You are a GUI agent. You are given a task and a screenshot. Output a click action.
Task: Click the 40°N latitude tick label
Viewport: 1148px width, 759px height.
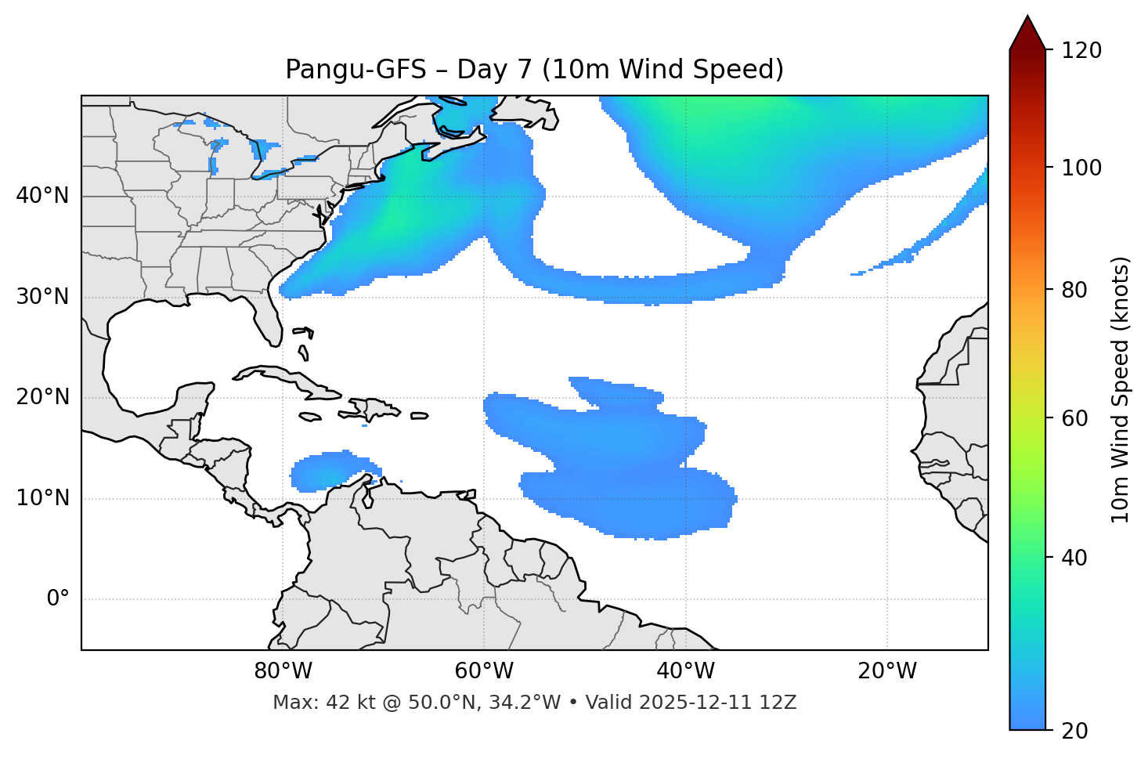[x=42, y=196]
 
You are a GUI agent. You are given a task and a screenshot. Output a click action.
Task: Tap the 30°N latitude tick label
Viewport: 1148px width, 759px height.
[x=42, y=297]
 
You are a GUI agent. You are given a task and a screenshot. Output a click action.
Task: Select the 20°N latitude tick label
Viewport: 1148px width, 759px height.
[x=42, y=397]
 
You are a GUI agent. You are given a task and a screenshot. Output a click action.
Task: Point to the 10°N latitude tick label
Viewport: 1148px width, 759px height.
[x=42, y=498]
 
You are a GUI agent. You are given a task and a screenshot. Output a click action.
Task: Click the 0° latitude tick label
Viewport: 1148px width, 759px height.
[x=58, y=599]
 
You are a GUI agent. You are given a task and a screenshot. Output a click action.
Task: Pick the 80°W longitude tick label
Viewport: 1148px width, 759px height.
[x=283, y=671]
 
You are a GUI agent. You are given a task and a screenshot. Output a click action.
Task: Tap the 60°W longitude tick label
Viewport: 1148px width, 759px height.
[x=484, y=671]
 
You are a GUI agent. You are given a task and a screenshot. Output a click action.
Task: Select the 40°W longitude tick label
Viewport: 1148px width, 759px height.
[x=685, y=671]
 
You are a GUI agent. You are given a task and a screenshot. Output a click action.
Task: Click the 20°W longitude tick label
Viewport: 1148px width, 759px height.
[x=886, y=671]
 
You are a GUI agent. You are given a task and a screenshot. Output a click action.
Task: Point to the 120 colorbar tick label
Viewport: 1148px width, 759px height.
[x=1081, y=50]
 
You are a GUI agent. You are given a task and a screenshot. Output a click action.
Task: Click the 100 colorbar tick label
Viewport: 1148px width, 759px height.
[x=1081, y=168]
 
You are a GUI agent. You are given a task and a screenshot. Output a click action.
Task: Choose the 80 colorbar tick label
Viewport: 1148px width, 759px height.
[x=1074, y=290]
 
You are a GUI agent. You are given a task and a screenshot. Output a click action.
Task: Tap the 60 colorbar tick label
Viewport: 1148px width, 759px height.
[x=1074, y=418]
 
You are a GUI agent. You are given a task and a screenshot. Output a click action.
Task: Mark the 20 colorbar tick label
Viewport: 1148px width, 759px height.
[x=1074, y=731]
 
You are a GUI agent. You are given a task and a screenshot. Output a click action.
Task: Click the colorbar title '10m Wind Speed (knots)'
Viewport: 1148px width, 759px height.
[x=1121, y=390]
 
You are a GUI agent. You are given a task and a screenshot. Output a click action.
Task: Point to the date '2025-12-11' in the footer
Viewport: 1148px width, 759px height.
[x=697, y=703]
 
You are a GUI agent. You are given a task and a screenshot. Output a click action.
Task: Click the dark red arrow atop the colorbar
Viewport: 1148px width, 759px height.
[x=1027, y=33]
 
